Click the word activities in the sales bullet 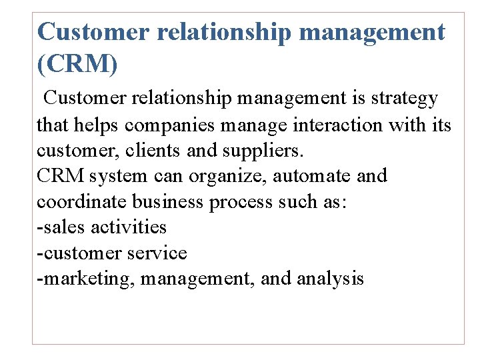coord(128,227)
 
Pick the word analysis coord(329,279)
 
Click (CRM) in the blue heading coord(78,65)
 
